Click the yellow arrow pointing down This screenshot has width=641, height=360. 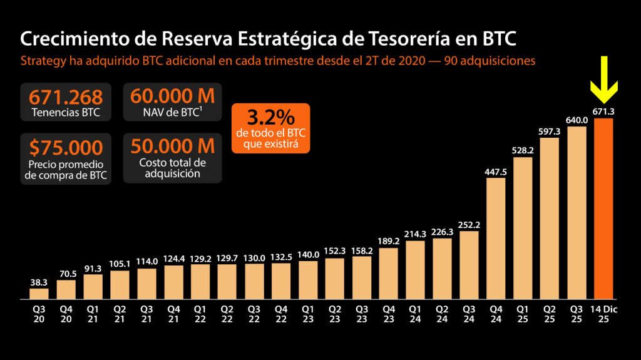[603, 80]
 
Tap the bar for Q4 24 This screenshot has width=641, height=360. [496, 238]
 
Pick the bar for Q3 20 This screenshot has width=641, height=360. [39, 293]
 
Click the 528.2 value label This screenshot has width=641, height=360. [523, 150]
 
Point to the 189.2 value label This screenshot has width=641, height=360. [389, 241]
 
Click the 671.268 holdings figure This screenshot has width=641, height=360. [66, 97]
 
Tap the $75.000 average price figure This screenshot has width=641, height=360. [66, 148]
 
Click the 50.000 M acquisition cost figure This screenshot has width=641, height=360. [172, 147]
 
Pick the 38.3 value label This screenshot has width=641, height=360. [39, 282]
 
